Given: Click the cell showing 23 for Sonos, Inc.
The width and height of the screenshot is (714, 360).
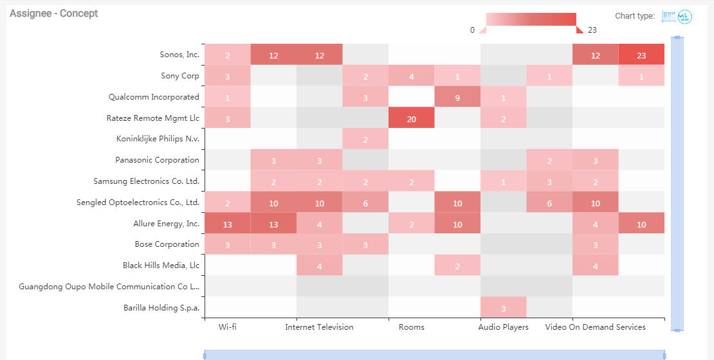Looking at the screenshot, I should (641, 55).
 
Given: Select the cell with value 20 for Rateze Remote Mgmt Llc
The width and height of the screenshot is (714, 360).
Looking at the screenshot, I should (411, 118).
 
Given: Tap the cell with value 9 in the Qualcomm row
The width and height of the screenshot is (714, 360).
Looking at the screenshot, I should (457, 98).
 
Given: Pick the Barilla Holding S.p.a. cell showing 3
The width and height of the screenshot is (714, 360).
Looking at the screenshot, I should (503, 308).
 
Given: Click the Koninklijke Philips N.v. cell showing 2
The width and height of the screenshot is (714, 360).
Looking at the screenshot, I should (365, 139).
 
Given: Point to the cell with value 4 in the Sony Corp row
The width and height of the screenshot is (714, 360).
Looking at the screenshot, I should (411, 76).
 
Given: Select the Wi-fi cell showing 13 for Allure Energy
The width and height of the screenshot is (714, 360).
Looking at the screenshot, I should (227, 224).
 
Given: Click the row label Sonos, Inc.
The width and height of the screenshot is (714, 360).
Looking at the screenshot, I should (179, 55).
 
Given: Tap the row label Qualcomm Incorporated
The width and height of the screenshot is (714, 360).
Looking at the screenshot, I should (154, 97).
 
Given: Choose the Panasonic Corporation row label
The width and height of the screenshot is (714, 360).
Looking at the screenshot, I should (157, 160).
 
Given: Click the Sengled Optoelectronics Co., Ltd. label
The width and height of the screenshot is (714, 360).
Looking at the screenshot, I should (138, 203).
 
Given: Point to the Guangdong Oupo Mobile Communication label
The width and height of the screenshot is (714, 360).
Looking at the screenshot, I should (109, 287).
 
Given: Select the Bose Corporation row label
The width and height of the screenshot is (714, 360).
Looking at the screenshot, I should (167, 244).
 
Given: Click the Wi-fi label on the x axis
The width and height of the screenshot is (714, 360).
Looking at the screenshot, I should (228, 327).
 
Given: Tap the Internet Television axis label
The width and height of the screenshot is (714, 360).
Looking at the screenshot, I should (319, 327).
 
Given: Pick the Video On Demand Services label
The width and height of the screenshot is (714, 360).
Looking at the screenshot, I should (595, 327).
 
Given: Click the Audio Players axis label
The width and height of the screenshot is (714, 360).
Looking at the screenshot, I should (503, 327).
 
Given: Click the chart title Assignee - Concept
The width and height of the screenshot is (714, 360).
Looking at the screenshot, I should (53, 14).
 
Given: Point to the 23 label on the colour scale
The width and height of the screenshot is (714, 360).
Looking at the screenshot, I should (592, 30).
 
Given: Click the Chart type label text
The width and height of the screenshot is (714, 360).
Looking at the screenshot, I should (634, 16).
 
